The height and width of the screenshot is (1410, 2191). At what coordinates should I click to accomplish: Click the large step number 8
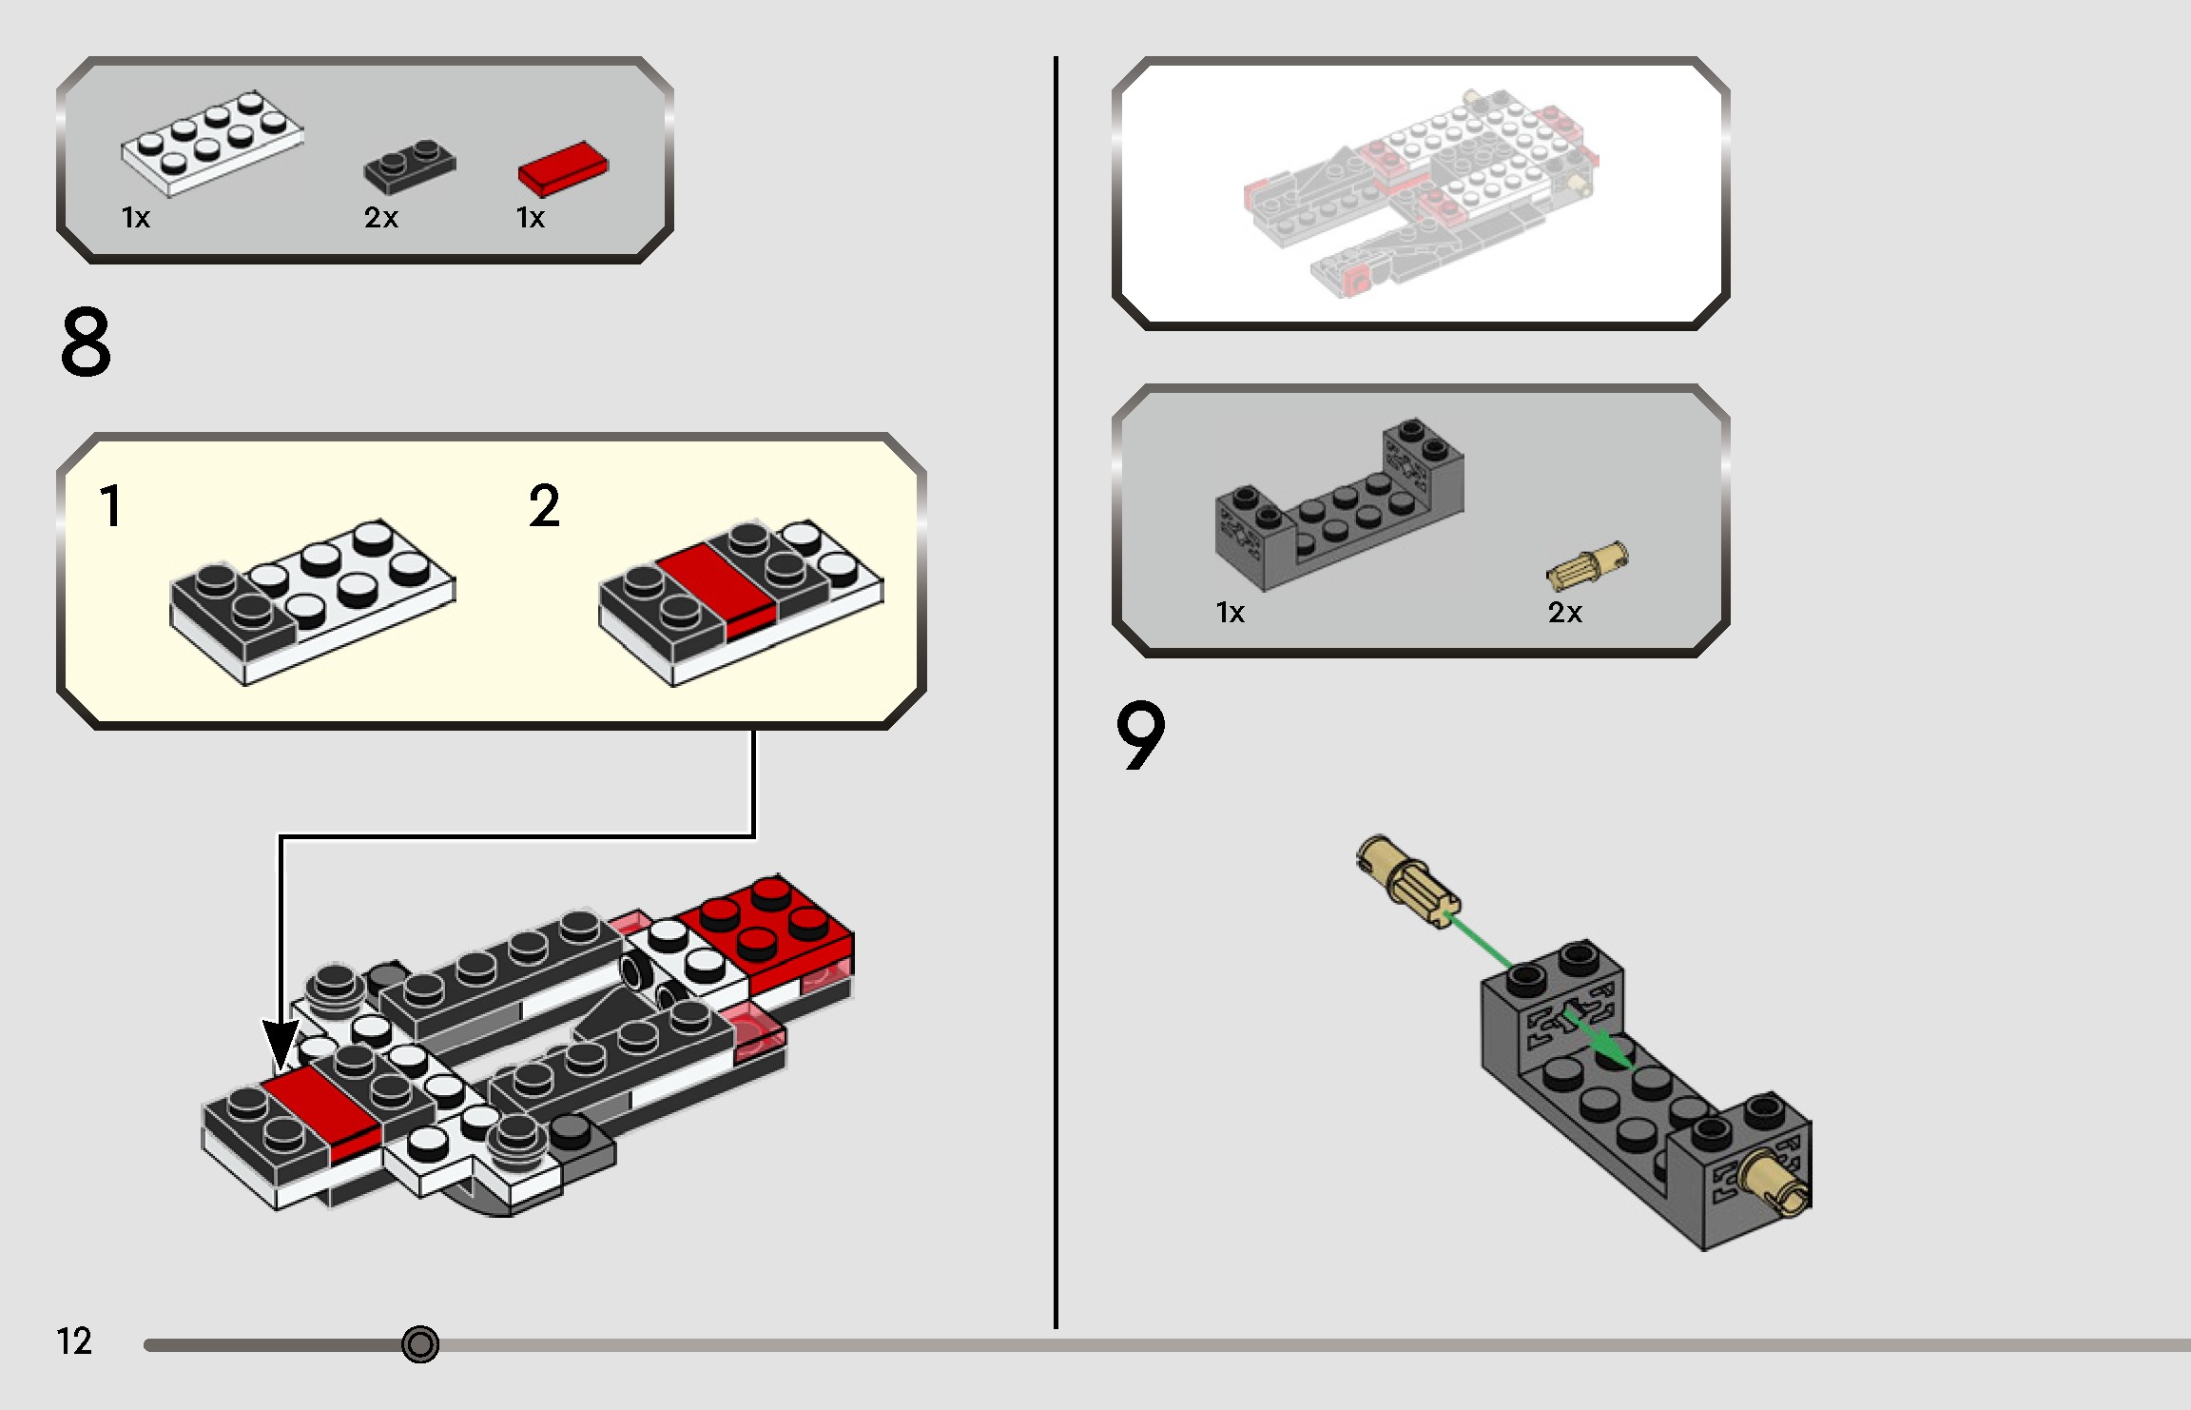coord(86,343)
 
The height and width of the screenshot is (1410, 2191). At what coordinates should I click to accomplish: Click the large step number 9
coord(1139,735)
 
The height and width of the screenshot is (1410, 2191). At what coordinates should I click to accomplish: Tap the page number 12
coord(74,1341)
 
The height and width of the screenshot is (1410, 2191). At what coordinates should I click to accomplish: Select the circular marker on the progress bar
coord(420,1344)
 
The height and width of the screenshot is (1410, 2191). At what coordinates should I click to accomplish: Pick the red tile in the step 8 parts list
coord(563,168)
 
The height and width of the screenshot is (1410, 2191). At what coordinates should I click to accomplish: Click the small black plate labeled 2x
coord(410,166)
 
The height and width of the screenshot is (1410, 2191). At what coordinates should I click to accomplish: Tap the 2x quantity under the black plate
coord(380,218)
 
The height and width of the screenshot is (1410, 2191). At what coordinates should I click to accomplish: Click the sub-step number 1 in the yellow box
coord(110,506)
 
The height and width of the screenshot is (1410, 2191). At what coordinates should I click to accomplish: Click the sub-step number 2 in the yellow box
coord(544,506)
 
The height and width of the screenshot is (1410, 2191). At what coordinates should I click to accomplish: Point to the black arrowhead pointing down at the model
coord(281,1045)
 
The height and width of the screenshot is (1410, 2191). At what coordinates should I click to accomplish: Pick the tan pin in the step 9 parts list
coord(1586,565)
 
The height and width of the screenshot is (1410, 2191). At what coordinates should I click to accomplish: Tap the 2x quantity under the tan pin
coord(1564,613)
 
